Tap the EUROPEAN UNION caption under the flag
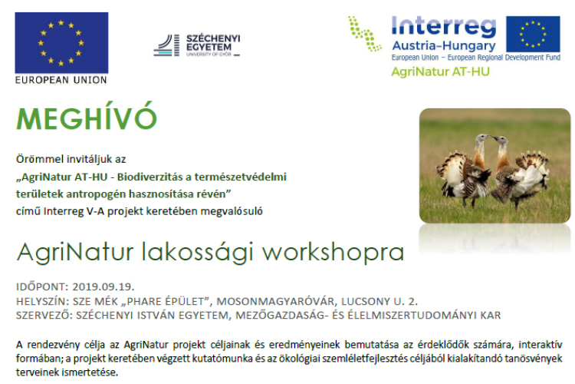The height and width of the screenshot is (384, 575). (61, 79)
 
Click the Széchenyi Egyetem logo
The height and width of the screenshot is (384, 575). (197, 45)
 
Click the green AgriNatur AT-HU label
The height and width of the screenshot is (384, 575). (440, 72)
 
